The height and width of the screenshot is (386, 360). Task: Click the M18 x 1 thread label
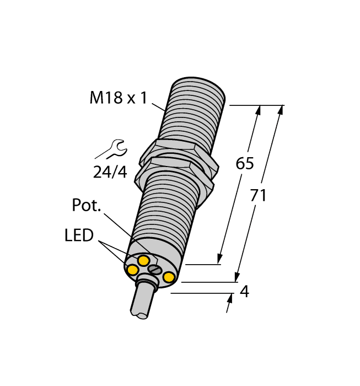(118, 99)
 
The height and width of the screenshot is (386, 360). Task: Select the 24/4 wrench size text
(110, 172)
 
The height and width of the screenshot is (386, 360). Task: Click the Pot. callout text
(87, 206)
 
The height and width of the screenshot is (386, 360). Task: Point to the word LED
(79, 236)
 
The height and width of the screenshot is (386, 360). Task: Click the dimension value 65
(245, 164)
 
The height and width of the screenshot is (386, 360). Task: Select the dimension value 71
(258, 195)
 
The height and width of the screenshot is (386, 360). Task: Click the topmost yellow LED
(143, 260)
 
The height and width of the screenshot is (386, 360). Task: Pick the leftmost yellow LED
(132, 270)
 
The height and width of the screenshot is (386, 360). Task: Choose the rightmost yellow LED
(169, 277)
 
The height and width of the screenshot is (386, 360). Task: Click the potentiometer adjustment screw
(155, 269)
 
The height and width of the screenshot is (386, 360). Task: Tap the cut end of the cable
(139, 315)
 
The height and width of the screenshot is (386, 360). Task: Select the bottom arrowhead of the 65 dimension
(219, 259)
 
